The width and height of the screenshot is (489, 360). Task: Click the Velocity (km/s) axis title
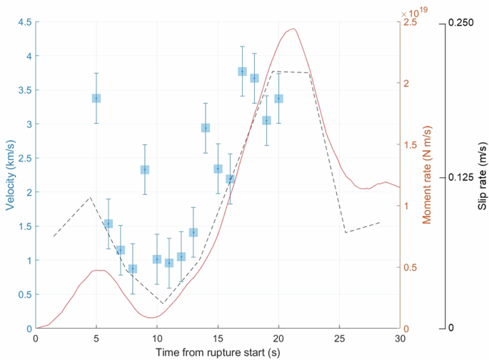click(x=11, y=175)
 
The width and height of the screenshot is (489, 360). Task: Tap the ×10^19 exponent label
click(x=414, y=11)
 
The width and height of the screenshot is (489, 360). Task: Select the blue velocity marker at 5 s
click(x=96, y=98)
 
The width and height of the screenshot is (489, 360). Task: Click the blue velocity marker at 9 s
click(x=145, y=169)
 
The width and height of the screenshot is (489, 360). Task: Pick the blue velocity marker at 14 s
click(x=206, y=128)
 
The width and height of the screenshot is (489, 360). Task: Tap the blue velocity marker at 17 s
click(x=242, y=71)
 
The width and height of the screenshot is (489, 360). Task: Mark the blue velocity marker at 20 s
click(x=278, y=98)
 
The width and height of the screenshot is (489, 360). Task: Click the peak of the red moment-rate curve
click(x=293, y=29)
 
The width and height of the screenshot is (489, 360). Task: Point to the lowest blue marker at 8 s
click(x=133, y=269)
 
